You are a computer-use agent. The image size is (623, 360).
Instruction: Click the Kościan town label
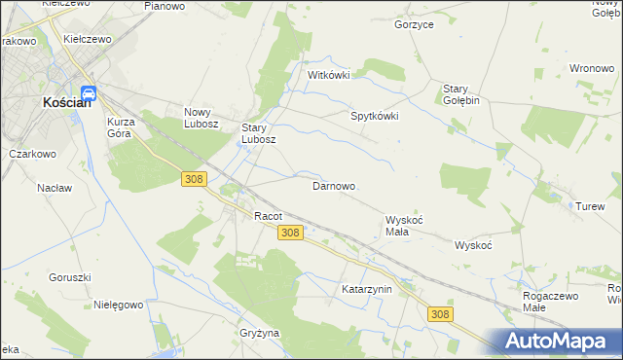(x=66, y=103)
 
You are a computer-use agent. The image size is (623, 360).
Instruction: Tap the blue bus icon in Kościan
(x=89, y=93)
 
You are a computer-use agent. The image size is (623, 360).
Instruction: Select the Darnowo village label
(x=333, y=185)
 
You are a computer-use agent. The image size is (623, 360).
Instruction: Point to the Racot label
(x=268, y=216)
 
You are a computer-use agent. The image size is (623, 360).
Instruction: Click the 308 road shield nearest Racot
(x=290, y=233)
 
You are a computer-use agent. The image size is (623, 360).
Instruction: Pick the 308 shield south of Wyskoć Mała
(x=441, y=313)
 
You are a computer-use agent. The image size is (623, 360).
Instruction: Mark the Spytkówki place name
(x=375, y=115)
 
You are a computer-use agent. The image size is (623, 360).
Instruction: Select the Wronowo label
(x=591, y=69)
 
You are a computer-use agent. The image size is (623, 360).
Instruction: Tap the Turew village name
(x=590, y=206)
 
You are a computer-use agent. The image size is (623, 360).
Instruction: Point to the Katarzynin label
(x=366, y=289)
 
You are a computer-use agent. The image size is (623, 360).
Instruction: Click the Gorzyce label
(x=414, y=24)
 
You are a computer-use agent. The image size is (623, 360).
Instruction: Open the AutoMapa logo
(x=557, y=341)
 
